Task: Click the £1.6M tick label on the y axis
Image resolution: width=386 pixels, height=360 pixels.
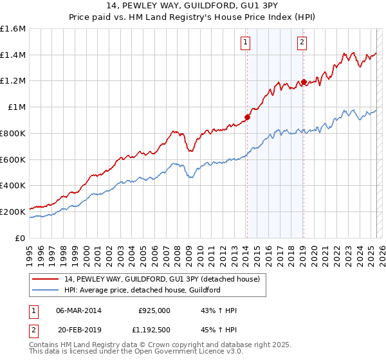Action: [13, 29]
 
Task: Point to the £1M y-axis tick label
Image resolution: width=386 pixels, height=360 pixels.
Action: [16, 107]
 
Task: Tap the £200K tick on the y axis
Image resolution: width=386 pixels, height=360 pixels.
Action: [13, 212]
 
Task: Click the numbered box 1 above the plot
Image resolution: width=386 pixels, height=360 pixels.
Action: [246, 43]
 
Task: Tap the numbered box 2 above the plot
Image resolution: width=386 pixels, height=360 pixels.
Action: [302, 43]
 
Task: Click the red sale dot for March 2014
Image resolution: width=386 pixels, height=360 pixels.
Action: [247, 117]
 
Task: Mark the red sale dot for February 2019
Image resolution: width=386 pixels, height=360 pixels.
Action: [303, 82]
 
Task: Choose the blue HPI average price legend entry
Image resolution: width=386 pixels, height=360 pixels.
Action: [142, 290]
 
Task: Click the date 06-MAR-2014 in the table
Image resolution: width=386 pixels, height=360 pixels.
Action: [78, 310]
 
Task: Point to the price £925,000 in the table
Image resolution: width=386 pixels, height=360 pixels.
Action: [154, 310]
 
